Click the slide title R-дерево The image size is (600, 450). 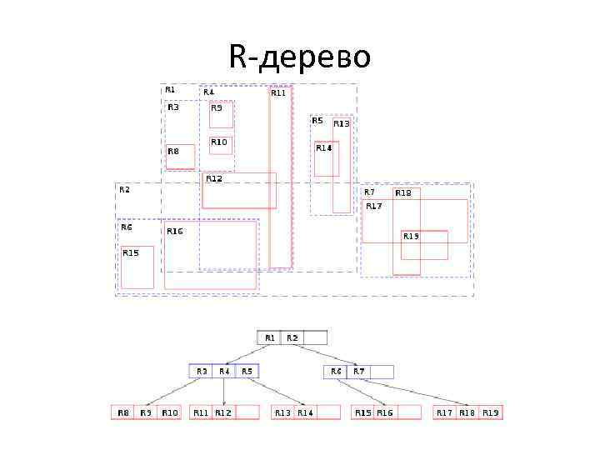click(x=299, y=57)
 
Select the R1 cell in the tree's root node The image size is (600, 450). click(x=269, y=337)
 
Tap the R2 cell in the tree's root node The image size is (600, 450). click(x=292, y=337)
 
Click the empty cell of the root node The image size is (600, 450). click(x=315, y=337)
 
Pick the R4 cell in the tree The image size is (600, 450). click(x=223, y=372)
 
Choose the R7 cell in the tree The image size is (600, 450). click(x=358, y=372)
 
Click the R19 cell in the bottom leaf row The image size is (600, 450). click(x=491, y=412)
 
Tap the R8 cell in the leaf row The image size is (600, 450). click(x=123, y=412)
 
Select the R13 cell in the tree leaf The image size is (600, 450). click(x=283, y=412)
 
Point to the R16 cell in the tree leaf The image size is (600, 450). click(x=385, y=412)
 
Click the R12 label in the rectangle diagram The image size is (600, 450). click(x=214, y=178)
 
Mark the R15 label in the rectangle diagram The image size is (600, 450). click(x=131, y=252)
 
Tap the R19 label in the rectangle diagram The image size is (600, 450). click(x=412, y=236)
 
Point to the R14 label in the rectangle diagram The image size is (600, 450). click(x=323, y=147)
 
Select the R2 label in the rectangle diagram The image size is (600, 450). click(x=124, y=189)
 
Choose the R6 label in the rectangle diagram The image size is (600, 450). click(x=127, y=227)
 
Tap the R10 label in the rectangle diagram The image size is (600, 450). click(x=218, y=142)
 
